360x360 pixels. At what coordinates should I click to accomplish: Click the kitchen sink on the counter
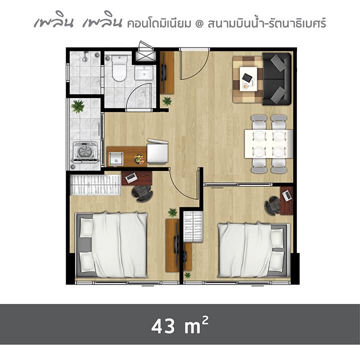click(x=115, y=158)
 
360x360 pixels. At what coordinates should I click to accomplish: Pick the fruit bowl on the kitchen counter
click(x=139, y=159)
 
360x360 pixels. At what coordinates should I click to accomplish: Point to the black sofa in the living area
click(x=276, y=79)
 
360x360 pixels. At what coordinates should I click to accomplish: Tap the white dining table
click(x=268, y=143)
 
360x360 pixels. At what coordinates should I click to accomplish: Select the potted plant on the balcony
click(x=78, y=106)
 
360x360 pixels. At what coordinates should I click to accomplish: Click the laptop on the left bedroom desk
click(x=130, y=177)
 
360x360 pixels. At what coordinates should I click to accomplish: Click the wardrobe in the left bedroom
click(x=95, y=185)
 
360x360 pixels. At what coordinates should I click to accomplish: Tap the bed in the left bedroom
click(x=111, y=244)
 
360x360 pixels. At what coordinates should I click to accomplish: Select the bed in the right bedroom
click(x=252, y=249)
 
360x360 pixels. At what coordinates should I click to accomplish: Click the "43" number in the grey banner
click(x=163, y=326)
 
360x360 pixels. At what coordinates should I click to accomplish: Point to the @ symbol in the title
click(x=199, y=23)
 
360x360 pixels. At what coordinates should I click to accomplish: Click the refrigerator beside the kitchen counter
click(x=157, y=152)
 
